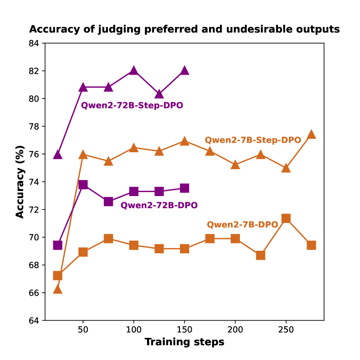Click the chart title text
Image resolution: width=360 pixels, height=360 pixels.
tap(184, 29)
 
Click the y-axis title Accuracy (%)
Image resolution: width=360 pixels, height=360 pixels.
tap(20, 182)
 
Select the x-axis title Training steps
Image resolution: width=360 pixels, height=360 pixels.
tap(184, 342)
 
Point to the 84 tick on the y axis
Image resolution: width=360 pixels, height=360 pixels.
tap(34, 43)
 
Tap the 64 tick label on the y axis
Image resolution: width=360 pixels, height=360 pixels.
tap(34, 321)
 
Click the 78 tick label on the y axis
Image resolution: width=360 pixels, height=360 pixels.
tap(34, 127)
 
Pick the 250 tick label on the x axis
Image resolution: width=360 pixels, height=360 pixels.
tap(286, 330)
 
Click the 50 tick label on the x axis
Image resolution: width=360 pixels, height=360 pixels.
tap(83, 330)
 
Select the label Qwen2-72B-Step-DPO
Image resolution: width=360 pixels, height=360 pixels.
tap(132, 105)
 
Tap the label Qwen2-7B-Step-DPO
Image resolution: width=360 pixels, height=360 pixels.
tap(253, 140)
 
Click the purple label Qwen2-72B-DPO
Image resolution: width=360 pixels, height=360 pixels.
tap(159, 206)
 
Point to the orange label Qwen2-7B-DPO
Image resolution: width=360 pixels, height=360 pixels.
tap(242, 225)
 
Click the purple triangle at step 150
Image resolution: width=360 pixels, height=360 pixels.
tap(184, 70)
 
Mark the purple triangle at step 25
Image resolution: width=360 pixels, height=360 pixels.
tap(57, 154)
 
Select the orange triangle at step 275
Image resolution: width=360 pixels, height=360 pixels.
tap(311, 134)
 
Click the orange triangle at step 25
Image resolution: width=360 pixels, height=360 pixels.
tap(57, 289)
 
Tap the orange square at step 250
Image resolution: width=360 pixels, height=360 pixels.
tap(286, 218)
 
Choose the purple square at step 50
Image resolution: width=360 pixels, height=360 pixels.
tap(83, 185)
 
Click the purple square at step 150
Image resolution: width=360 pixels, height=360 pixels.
tap(184, 188)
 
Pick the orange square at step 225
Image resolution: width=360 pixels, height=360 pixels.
tap(260, 255)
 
